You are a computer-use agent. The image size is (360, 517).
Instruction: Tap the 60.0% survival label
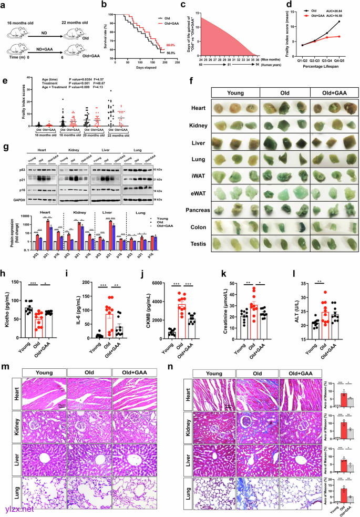click(172, 46)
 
